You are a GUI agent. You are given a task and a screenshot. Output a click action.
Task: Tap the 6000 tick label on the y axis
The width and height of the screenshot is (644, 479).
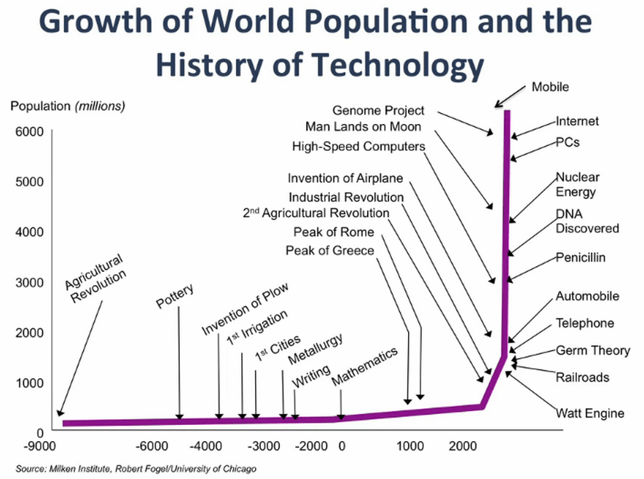30,131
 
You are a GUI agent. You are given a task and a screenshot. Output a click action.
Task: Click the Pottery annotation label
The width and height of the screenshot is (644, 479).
176,297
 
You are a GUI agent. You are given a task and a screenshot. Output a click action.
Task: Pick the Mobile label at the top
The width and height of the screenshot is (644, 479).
549,87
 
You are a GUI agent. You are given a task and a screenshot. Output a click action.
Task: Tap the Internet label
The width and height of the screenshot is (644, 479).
577,122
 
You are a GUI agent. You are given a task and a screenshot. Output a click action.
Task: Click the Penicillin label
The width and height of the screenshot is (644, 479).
581,257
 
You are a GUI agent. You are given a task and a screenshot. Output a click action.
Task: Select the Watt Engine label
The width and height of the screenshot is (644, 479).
589,413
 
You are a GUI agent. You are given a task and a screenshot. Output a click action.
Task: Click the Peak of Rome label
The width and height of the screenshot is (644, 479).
334,232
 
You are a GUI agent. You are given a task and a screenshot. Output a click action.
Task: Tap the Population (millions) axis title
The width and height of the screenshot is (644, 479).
68,106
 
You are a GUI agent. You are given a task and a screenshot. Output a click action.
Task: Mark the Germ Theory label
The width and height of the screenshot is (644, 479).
592,351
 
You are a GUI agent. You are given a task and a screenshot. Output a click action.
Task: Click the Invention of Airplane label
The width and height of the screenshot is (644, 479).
345,179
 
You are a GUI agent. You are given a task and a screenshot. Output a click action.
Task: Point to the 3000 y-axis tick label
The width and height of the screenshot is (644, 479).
30,282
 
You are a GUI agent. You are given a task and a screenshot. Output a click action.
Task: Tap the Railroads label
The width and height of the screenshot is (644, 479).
582,378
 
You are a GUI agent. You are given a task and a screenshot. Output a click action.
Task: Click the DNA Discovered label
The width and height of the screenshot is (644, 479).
586,221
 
